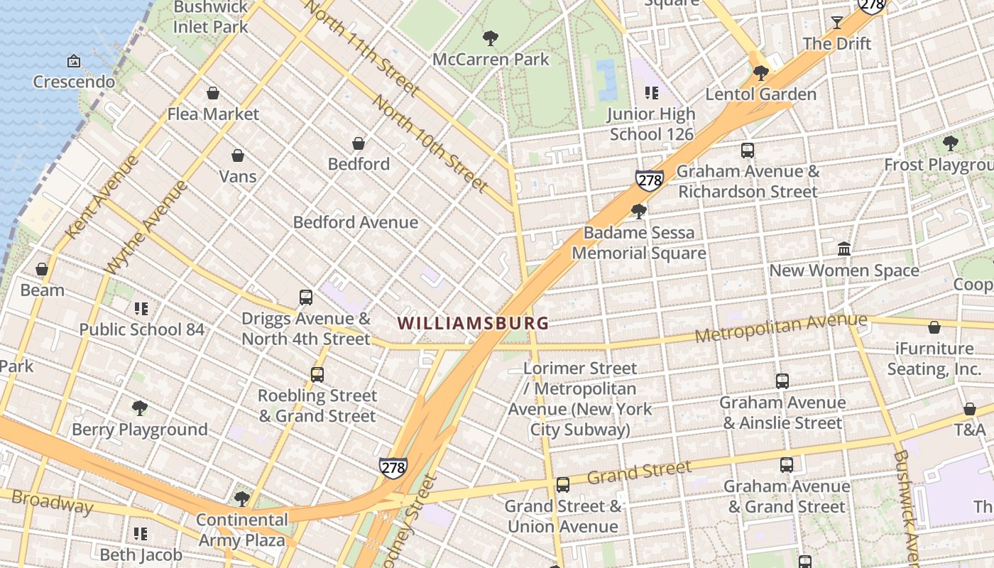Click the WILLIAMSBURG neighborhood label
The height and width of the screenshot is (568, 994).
473,323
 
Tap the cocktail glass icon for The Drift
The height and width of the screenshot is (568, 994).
836,23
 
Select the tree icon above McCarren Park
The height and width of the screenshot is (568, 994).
490,38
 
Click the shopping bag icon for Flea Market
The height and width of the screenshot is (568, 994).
213,93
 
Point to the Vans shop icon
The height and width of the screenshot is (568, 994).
238,155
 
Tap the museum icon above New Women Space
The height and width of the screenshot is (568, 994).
844,249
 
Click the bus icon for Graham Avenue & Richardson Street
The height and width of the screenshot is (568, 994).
747,151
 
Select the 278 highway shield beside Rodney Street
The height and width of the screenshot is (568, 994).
393,467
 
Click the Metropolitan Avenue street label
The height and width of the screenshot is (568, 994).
780,327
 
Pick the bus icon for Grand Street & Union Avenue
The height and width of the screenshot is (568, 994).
562,485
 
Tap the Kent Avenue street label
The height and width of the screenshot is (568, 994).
102,197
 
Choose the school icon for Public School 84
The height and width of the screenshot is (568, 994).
141,309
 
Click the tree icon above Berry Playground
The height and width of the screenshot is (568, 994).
140,408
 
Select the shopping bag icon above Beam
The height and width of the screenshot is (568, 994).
42,269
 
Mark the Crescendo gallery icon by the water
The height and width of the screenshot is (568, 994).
73,62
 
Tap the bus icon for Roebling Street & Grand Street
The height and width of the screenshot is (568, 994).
317,374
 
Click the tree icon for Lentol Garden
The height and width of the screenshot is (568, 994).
761,73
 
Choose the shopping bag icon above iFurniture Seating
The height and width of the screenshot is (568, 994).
934,327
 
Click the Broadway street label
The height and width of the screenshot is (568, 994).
52,501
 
